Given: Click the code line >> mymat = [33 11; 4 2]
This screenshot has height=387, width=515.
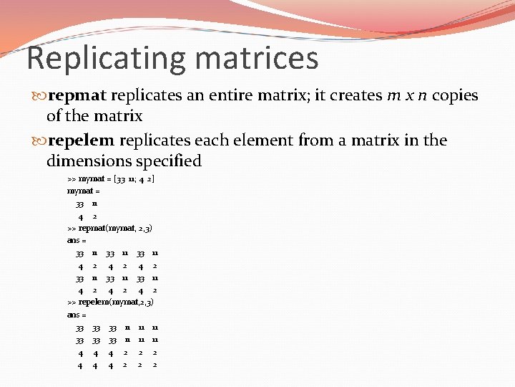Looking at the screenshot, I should [x=110, y=178].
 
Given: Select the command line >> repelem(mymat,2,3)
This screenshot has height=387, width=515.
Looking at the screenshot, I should [x=110, y=302].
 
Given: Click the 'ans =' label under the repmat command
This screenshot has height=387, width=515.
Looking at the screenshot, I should [x=76, y=240].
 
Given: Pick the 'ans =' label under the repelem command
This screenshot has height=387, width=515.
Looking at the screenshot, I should [x=76, y=314].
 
